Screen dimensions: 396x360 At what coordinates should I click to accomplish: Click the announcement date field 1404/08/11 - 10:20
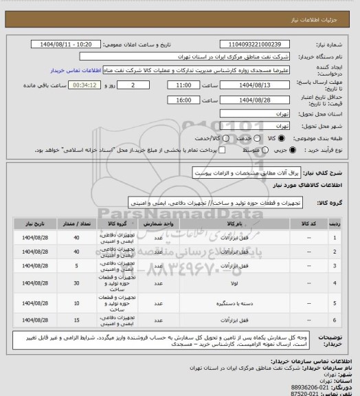(x=72, y=43)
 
